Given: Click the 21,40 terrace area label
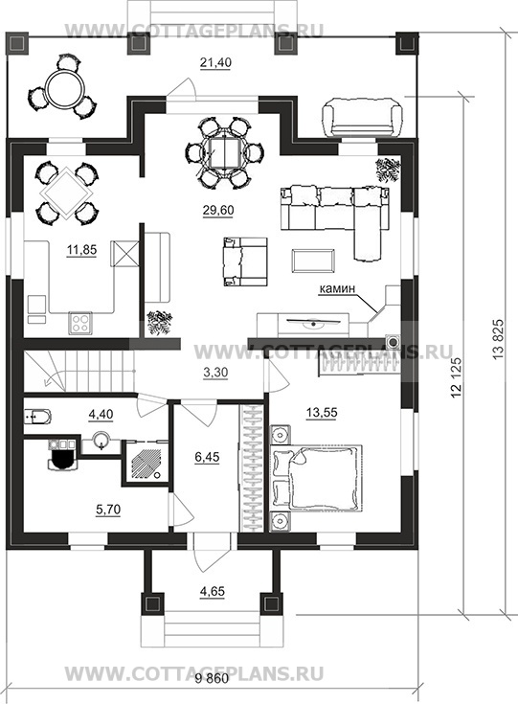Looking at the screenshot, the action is (x=215, y=63).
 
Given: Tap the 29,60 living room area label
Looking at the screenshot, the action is (x=218, y=210).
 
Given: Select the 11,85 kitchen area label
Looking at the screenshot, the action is (x=81, y=250).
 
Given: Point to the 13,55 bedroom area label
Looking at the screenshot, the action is (x=322, y=412).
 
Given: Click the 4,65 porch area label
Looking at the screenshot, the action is (x=213, y=591).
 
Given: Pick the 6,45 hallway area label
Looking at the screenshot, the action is (x=208, y=457).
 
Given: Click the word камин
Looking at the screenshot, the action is (x=337, y=289).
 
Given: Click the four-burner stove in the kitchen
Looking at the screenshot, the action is (x=80, y=323).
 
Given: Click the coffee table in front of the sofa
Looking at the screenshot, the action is (x=313, y=261).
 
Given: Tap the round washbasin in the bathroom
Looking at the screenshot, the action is (x=101, y=441).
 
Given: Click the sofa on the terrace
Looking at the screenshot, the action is (x=362, y=119).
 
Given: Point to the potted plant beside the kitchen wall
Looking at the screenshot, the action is (x=159, y=323).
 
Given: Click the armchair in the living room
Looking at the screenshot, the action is (x=244, y=261).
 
